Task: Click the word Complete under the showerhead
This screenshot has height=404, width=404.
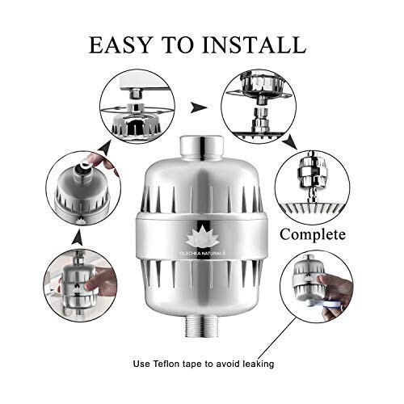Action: [313, 235]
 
